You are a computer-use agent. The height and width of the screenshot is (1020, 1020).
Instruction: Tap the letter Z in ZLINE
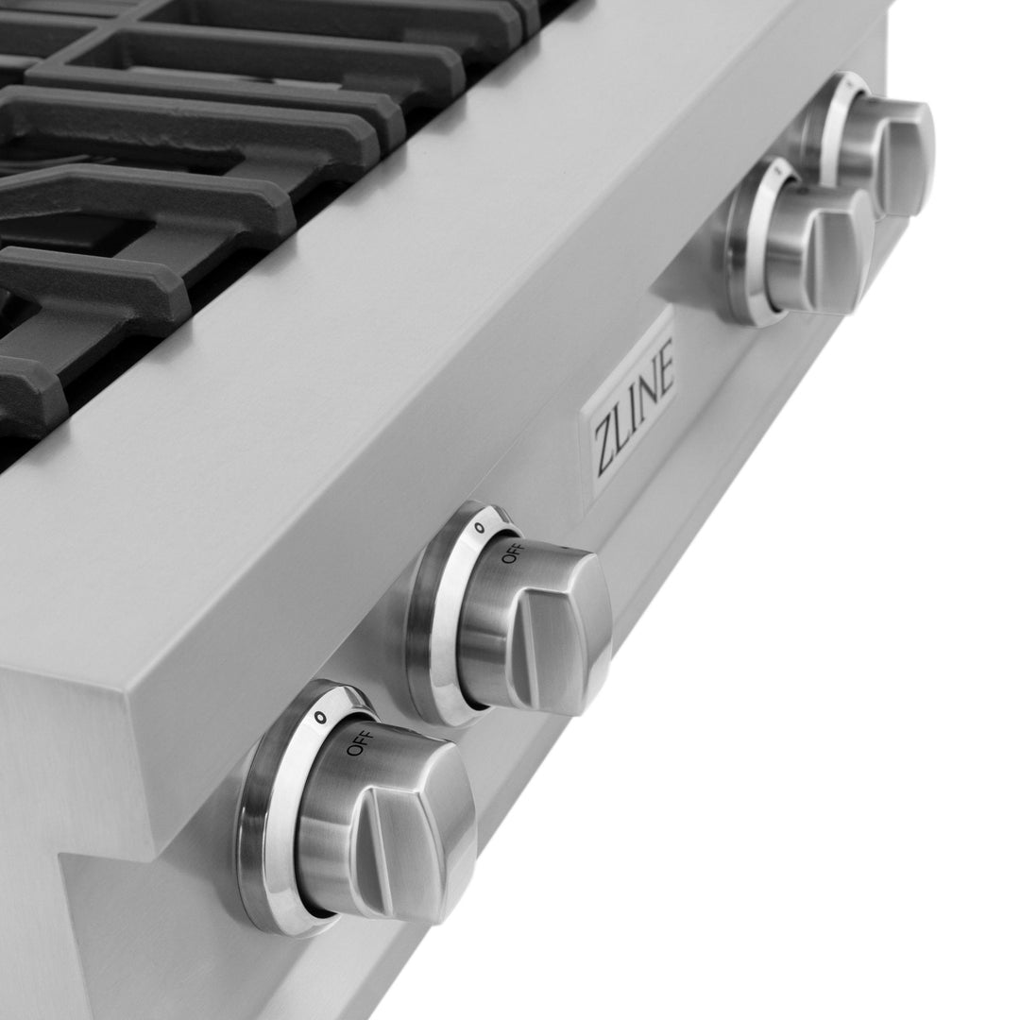click(x=602, y=451)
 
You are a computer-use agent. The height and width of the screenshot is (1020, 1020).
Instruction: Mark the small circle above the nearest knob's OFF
click(x=320, y=718)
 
